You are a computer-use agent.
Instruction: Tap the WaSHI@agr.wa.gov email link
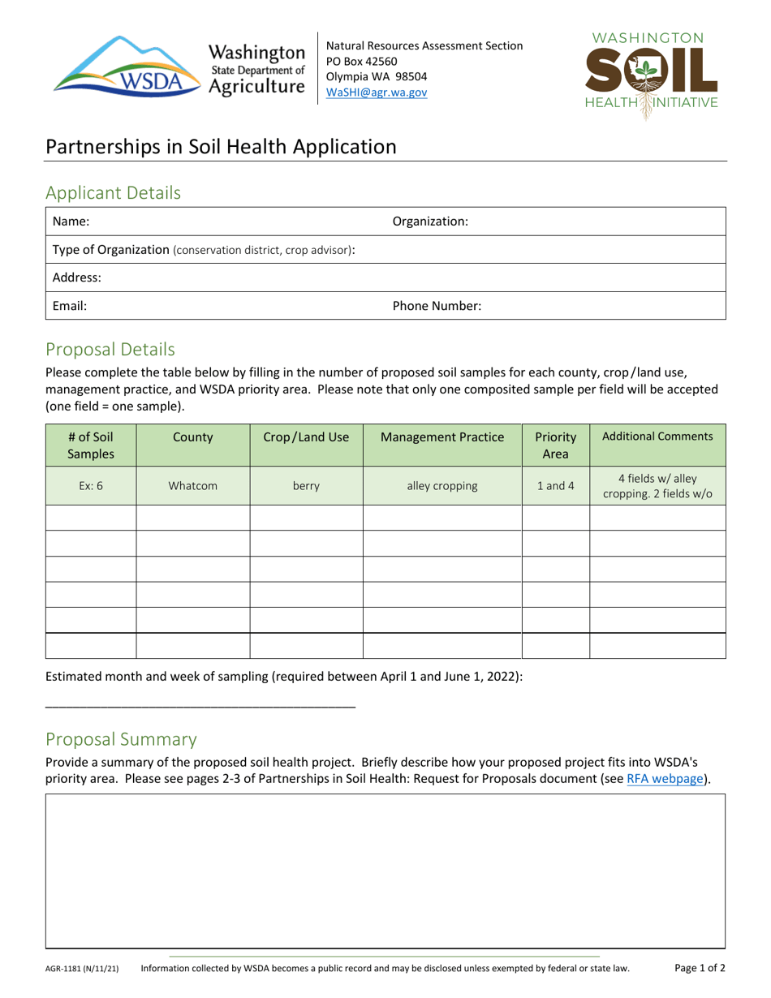coord(377,92)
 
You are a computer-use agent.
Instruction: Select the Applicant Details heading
coord(113,193)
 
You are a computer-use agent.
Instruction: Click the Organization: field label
coord(430,221)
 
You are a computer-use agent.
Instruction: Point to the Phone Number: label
coord(437,306)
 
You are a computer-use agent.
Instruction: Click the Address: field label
coord(77,277)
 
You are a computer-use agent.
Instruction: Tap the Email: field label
coord(70,306)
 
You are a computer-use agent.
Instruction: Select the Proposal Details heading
coord(110,350)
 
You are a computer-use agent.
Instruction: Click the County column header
coord(192,437)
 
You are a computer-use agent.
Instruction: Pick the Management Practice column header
coord(441,437)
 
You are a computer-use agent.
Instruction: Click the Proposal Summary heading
coord(121,739)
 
